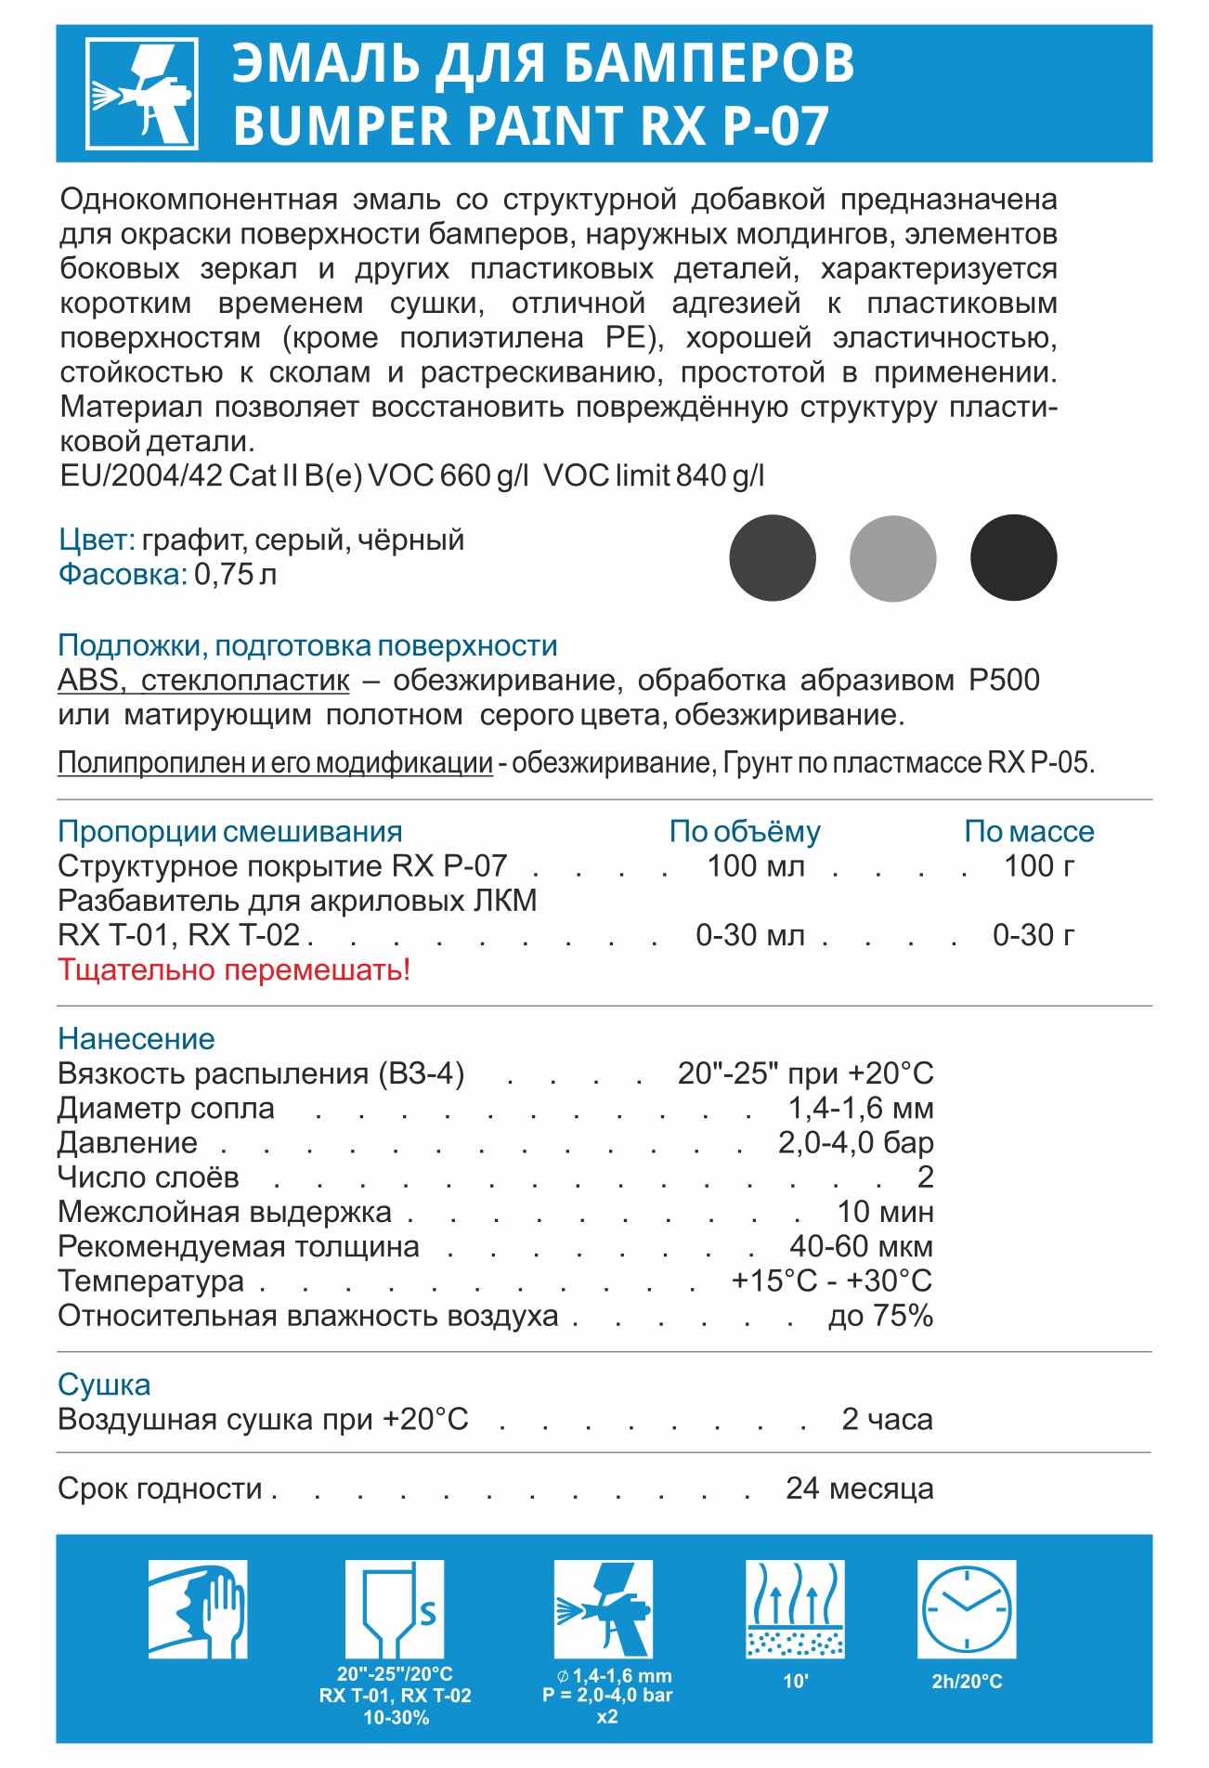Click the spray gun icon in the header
tap(142, 94)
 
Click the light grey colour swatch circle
tap(892, 558)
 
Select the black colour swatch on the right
tap(1013, 558)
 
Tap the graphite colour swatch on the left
tap(772, 558)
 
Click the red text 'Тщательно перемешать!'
tap(234, 969)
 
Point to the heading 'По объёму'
tap(745, 831)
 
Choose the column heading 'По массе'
tap(1029, 831)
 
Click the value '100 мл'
tap(756, 865)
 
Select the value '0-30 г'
tap(1033, 934)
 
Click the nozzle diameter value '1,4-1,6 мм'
tap(860, 1108)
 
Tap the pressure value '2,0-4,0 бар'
tap(855, 1142)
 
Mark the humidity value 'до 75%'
tap(880, 1316)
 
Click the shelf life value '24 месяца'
tap(860, 1488)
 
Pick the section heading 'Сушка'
tap(104, 1384)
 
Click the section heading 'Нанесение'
tap(136, 1038)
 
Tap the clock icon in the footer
tap(967, 1609)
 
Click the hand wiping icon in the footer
tap(198, 1609)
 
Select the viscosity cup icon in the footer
tap(395, 1609)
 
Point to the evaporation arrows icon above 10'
tap(795, 1609)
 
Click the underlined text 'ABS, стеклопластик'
tap(203, 680)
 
